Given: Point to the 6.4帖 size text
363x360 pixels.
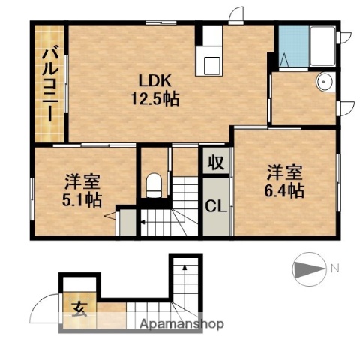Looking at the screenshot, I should [283, 190].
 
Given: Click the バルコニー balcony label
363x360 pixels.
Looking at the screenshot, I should [47, 82].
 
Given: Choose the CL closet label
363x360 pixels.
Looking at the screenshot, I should [216, 205].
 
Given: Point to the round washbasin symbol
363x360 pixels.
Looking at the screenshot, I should [325, 82].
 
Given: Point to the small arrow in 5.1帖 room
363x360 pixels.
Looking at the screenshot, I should [111, 217].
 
